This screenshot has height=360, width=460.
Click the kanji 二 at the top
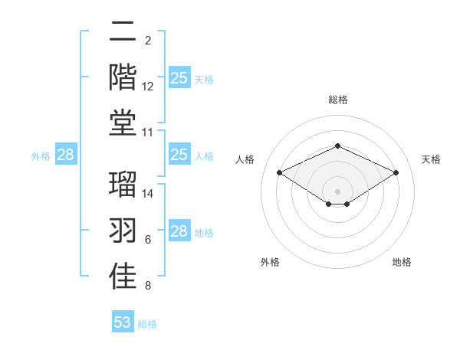[123, 31]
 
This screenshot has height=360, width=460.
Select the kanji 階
[123, 77]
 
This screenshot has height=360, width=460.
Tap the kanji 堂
[123, 123]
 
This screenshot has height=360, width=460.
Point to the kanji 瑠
[123, 185]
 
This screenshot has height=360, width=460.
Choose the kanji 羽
[123, 231]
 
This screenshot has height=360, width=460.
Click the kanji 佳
[123, 277]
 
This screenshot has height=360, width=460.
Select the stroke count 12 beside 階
[148, 87]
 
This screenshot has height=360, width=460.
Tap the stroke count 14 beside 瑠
[148, 194]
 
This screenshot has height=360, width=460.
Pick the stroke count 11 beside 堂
[148, 133]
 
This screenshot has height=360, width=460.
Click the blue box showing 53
[122, 322]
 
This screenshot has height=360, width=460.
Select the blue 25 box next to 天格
[179, 78]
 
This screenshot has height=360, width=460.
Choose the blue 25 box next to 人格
[179, 155]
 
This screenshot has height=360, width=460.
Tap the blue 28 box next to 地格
[179, 231]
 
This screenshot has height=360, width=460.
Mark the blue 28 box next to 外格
[65, 155]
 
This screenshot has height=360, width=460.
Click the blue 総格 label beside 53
[147, 324]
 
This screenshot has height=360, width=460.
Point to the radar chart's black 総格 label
[338, 100]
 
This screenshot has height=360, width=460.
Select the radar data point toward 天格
[396, 173]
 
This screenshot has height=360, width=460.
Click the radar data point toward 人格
[280, 173]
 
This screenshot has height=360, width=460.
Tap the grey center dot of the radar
[338, 191]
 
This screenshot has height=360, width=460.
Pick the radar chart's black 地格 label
[402, 263]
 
